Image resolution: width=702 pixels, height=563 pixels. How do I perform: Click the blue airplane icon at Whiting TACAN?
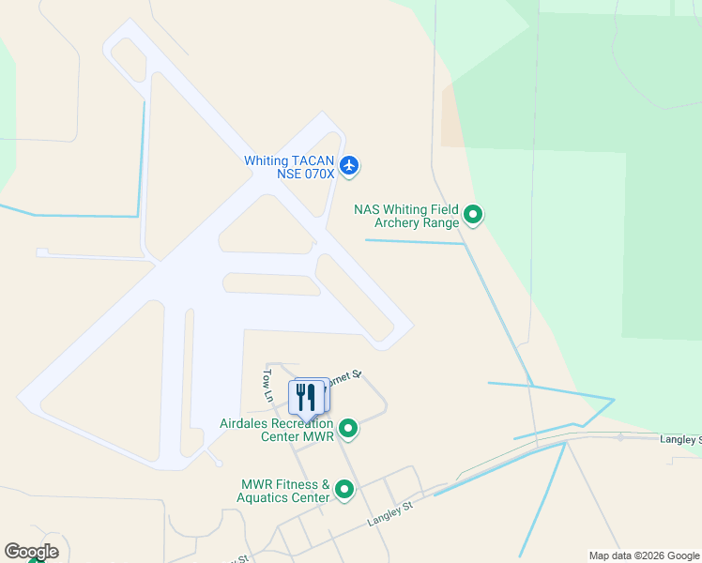[349, 166]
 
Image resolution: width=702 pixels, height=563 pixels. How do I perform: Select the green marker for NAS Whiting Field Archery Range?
[474, 216]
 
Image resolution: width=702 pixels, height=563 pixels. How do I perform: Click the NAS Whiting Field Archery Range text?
[407, 216]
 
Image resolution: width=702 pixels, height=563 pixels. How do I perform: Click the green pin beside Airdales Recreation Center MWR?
[348, 429]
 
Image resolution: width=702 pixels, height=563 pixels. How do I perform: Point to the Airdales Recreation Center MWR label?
[277, 430]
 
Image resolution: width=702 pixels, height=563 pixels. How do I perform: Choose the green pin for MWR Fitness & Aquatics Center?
[344, 490]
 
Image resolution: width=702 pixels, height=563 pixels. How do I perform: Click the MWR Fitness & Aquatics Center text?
[284, 491]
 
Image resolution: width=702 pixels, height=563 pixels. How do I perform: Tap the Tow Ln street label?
[267, 385]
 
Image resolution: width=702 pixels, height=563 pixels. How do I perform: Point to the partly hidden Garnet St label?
[345, 375]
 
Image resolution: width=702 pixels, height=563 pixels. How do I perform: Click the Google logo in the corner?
[31, 551]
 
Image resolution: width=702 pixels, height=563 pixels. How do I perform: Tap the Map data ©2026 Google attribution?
[644, 555]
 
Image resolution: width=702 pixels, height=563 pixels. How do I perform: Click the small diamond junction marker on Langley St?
[620, 436]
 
